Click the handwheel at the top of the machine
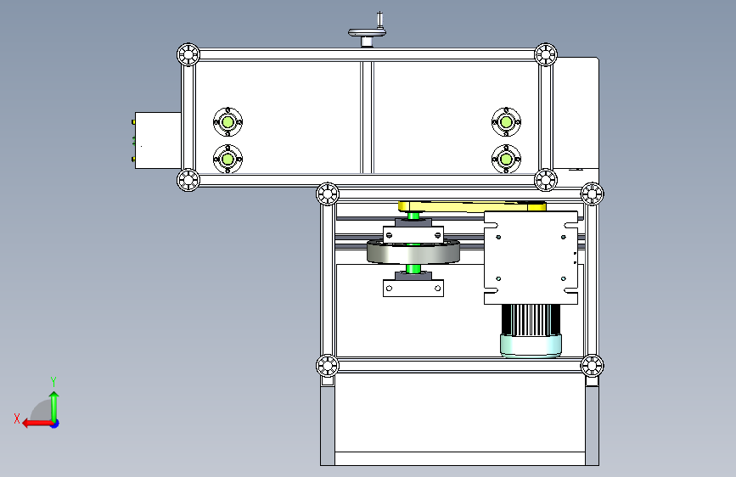(x=367, y=32)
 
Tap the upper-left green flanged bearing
(x=228, y=122)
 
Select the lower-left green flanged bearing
(x=228, y=160)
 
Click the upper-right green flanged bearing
(x=506, y=122)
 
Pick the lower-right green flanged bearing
(x=506, y=160)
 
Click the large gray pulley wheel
(x=413, y=251)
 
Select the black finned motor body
(x=531, y=320)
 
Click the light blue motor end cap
(x=531, y=346)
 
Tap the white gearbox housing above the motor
(x=531, y=258)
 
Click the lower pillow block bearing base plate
(x=413, y=289)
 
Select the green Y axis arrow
(x=54, y=407)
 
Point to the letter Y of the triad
(x=53, y=382)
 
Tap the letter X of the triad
(x=17, y=418)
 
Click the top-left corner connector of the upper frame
(x=188, y=54)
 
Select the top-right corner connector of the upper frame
(x=546, y=54)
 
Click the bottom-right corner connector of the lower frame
(x=592, y=366)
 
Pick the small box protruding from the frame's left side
(x=158, y=140)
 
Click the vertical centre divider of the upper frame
(x=367, y=117)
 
